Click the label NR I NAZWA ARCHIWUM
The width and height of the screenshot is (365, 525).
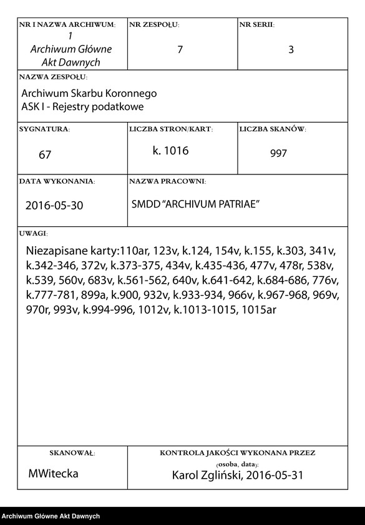point(67,25)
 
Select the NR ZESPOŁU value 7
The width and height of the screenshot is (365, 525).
point(180,50)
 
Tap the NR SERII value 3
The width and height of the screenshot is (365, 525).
point(291,50)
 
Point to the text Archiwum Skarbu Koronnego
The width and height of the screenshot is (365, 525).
point(89,94)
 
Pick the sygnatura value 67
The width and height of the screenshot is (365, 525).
point(45,154)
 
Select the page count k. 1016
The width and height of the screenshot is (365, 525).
point(170,151)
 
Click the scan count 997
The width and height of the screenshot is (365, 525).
point(279,154)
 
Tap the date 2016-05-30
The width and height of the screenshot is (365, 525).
point(54,205)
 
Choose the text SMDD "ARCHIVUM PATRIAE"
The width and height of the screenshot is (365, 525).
point(195,204)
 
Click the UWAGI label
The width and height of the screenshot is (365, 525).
point(34,233)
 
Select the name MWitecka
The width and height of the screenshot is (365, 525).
point(54,474)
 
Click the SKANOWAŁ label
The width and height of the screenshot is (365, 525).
point(72,452)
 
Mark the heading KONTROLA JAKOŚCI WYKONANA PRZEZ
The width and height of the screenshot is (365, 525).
point(238,452)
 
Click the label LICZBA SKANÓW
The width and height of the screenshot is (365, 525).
point(272,129)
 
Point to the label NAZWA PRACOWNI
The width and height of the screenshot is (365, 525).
point(167,181)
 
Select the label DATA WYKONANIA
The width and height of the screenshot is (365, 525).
point(57,181)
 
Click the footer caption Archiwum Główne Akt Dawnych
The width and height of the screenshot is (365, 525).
point(51,516)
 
